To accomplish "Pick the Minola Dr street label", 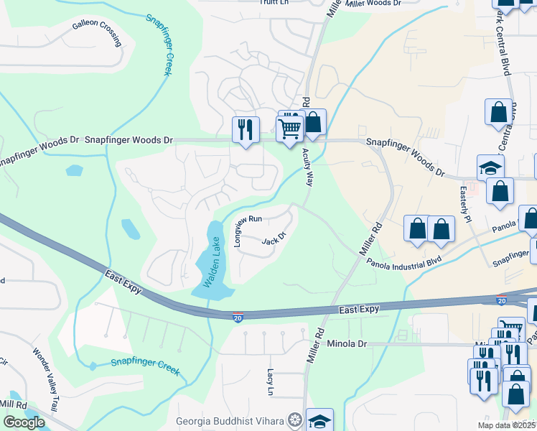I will tap(347, 344).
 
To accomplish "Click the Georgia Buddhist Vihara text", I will tap(230, 420).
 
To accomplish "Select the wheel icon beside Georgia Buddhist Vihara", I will tap(294, 420).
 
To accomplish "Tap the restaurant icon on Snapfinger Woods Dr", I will tap(246, 129).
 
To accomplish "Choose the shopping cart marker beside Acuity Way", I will tap(289, 129).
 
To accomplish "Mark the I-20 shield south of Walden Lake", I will tap(238, 317).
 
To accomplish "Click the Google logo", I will tap(23, 422).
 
